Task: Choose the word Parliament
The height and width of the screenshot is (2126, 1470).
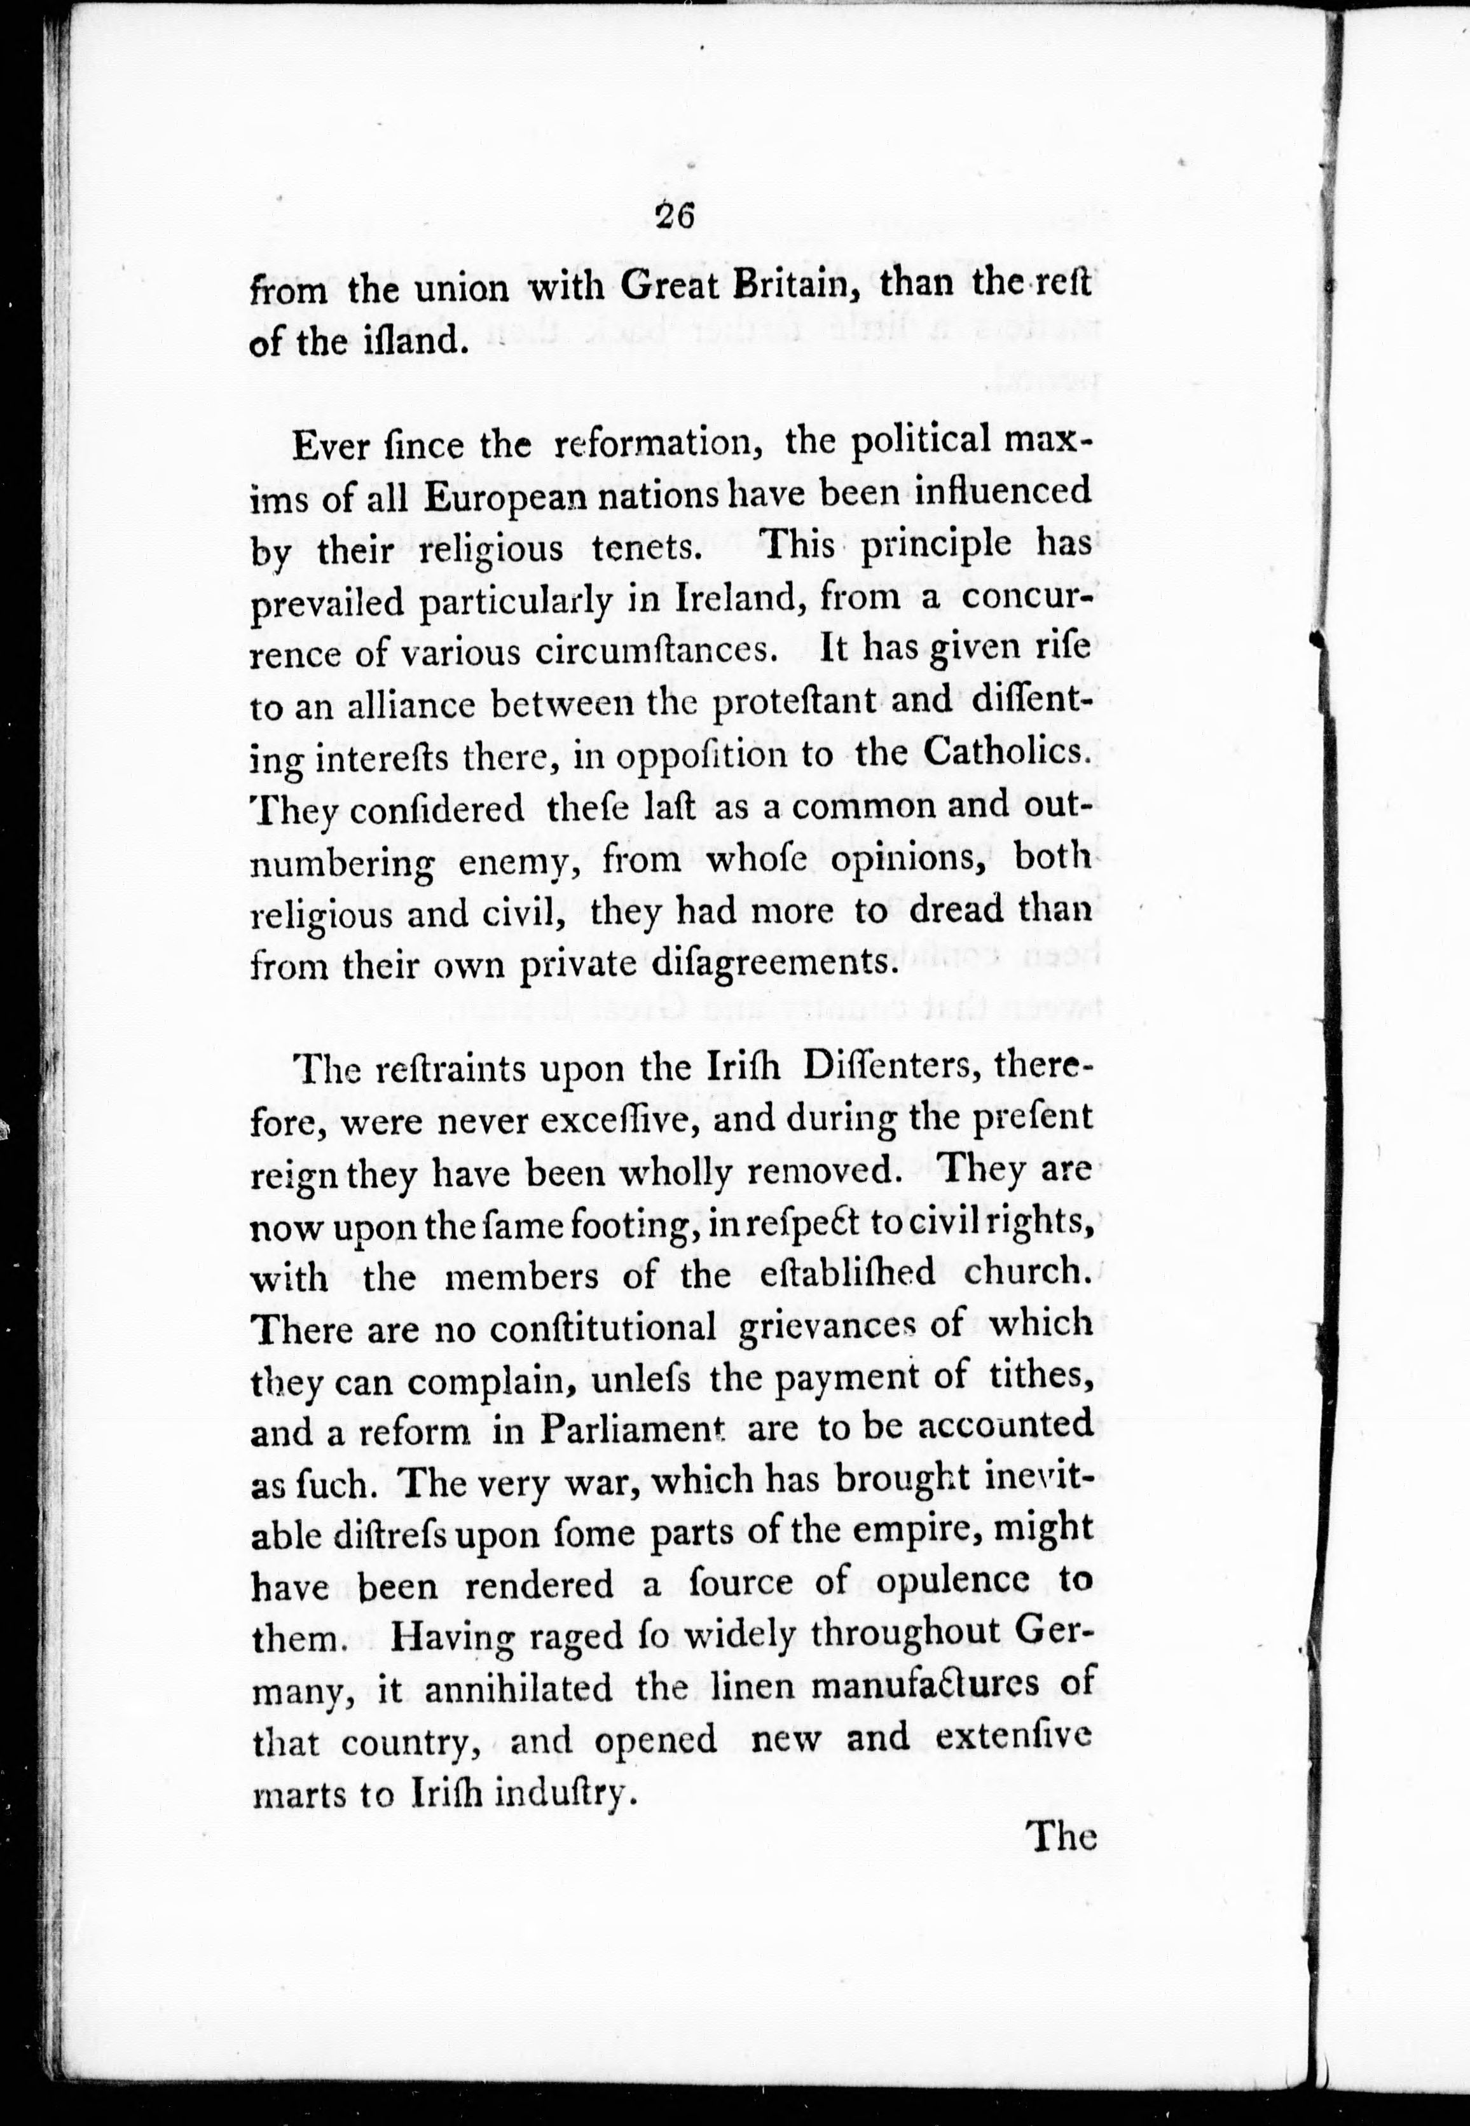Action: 631,1430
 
